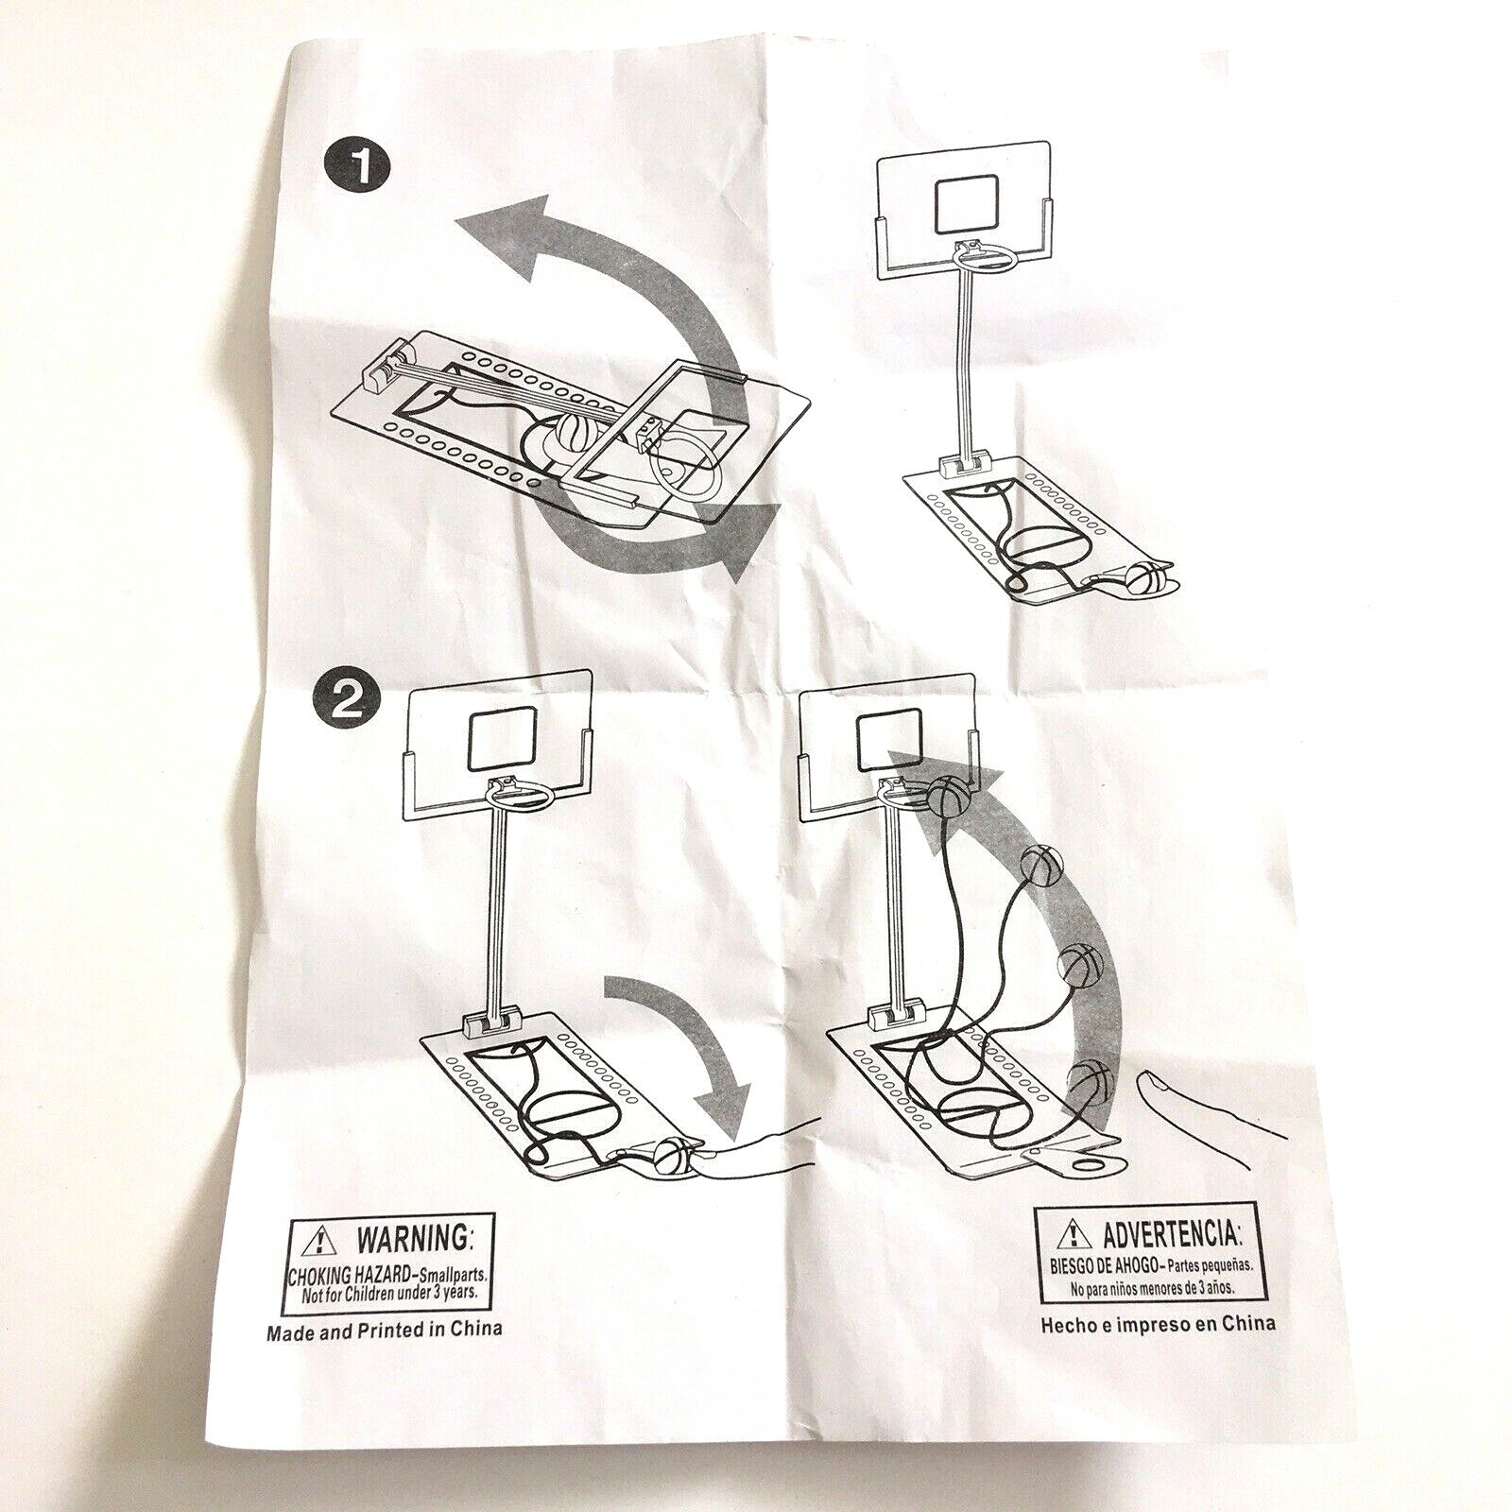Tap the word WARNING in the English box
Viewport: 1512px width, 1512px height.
pyautogui.click(x=411, y=1236)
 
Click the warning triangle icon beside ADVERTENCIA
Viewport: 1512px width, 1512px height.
pyautogui.click(x=1074, y=1231)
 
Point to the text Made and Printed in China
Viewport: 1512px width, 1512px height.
pyautogui.click(x=385, y=1329)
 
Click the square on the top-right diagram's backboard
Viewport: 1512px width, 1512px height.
pyautogui.click(x=967, y=204)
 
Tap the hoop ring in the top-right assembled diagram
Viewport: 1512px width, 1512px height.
pyautogui.click(x=988, y=261)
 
